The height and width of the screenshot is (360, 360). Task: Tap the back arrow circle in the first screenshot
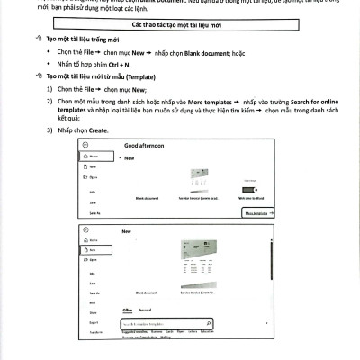click(85, 145)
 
